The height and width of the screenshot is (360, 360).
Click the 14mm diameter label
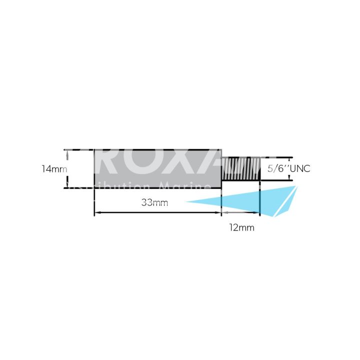(x=54, y=169)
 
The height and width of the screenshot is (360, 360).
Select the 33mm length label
(x=154, y=202)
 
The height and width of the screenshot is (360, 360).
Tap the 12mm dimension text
(x=242, y=228)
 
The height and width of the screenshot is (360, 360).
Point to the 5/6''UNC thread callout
(x=288, y=169)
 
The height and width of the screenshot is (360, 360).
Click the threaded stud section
(x=240, y=168)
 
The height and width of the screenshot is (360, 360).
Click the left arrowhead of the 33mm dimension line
(x=97, y=213)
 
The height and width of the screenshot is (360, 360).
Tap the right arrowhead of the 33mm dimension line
(x=218, y=213)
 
